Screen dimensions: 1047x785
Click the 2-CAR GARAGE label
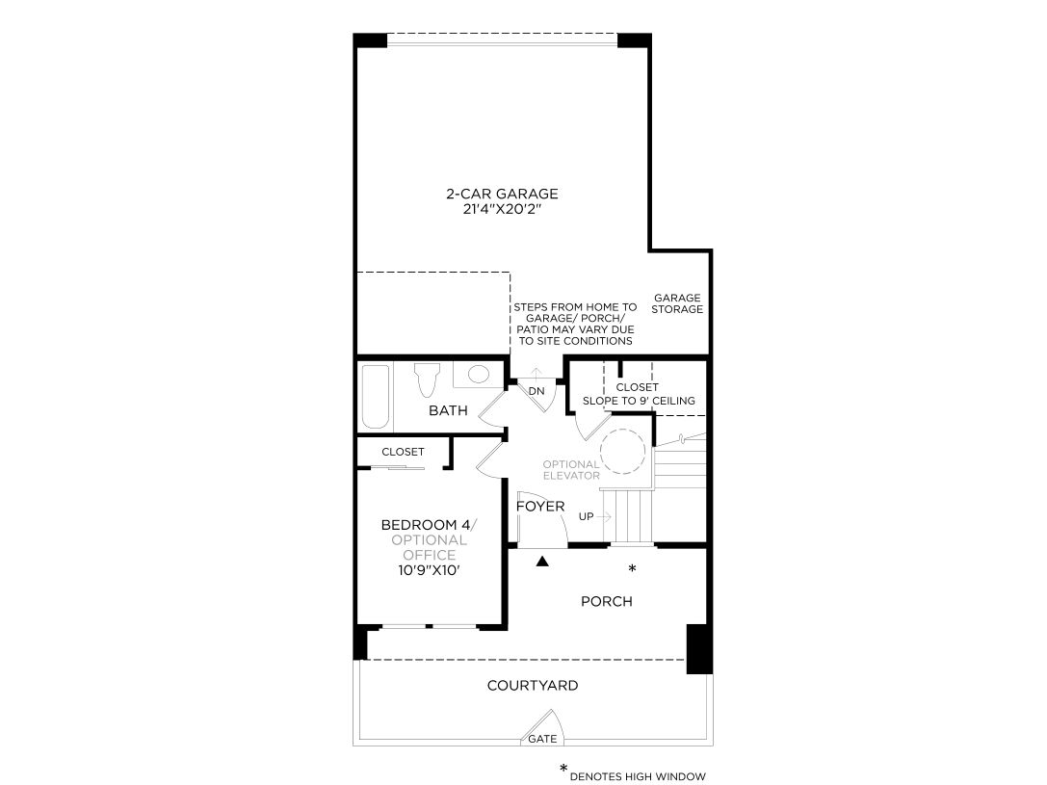pyautogui.click(x=502, y=194)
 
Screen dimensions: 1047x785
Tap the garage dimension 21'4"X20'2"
pyautogui.click(x=502, y=210)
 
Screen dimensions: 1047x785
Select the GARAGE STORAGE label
pyautogui.click(x=677, y=303)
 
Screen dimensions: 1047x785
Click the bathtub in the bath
pyautogui.click(x=376, y=397)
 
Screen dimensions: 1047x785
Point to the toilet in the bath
pyautogui.click(x=427, y=379)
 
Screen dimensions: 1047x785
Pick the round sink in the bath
pyautogui.click(x=478, y=374)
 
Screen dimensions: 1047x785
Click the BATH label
pyautogui.click(x=448, y=410)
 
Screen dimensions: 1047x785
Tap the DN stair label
pyautogui.click(x=537, y=391)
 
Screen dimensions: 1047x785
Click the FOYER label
pyautogui.click(x=540, y=507)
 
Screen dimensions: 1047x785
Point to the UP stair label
pyautogui.click(x=586, y=516)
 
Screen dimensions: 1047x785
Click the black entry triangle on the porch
pyautogui.click(x=542, y=562)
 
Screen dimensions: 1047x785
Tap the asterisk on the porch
pyautogui.click(x=632, y=568)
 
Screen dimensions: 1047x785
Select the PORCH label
pyautogui.click(x=606, y=601)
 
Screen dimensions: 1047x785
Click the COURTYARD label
pyautogui.click(x=533, y=686)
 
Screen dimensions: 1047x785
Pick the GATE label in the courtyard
pyautogui.click(x=542, y=739)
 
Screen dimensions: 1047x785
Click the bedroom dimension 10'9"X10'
pyautogui.click(x=429, y=571)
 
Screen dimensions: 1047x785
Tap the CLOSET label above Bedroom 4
pyautogui.click(x=403, y=452)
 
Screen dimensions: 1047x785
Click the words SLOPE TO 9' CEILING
pyautogui.click(x=639, y=402)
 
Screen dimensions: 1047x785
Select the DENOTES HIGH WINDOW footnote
pyautogui.click(x=638, y=776)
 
